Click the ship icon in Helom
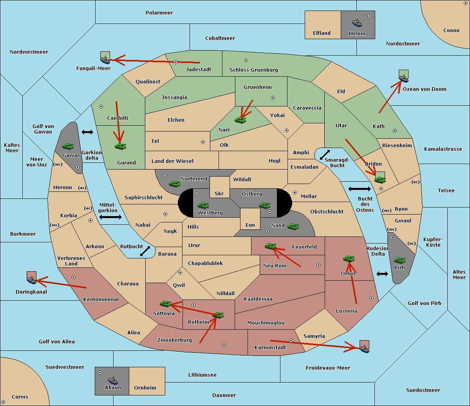(x=357, y=23)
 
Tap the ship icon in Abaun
(x=113, y=381)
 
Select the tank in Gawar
(x=68, y=146)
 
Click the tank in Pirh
(x=399, y=260)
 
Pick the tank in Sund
(x=293, y=226)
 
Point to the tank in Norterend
(x=174, y=184)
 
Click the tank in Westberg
(x=203, y=205)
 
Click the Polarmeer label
(x=159, y=13)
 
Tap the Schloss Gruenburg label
(x=254, y=70)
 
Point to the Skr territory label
(x=219, y=193)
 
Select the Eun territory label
(x=250, y=225)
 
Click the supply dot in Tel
(x=203, y=142)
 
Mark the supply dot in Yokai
(x=287, y=130)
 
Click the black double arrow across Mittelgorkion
(x=110, y=217)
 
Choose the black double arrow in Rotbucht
(x=145, y=251)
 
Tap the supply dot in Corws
(x=3, y=402)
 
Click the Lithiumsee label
(x=202, y=375)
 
